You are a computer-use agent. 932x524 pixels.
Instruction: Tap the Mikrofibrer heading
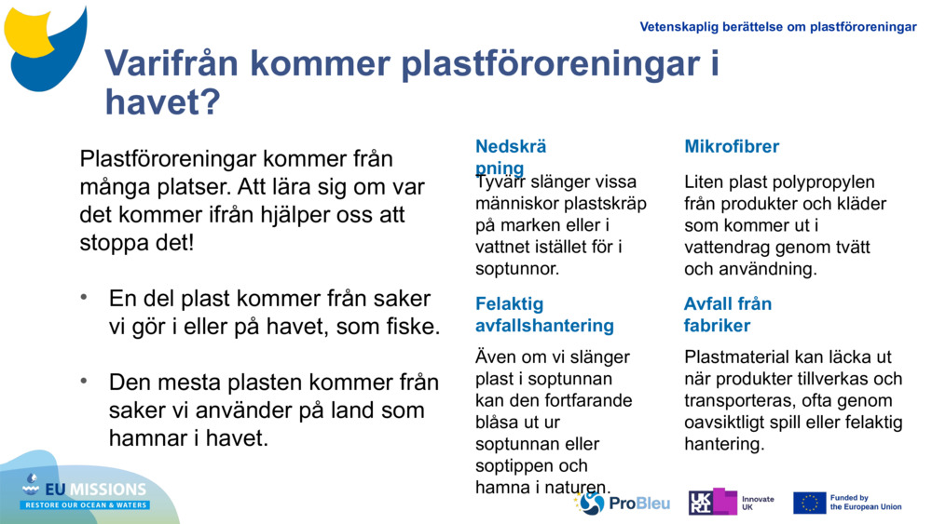732,146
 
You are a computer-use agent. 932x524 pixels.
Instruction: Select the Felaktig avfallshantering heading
544,315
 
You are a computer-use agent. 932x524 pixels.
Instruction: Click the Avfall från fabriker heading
727,315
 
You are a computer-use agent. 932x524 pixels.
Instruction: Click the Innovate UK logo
731,503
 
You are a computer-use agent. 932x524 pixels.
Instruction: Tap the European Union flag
809,504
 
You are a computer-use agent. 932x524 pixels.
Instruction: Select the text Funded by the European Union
866,503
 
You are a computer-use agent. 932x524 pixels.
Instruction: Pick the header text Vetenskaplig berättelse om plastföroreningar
778,27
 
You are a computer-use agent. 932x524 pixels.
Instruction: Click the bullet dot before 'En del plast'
85,298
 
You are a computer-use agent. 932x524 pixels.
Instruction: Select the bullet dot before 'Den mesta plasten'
85,382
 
